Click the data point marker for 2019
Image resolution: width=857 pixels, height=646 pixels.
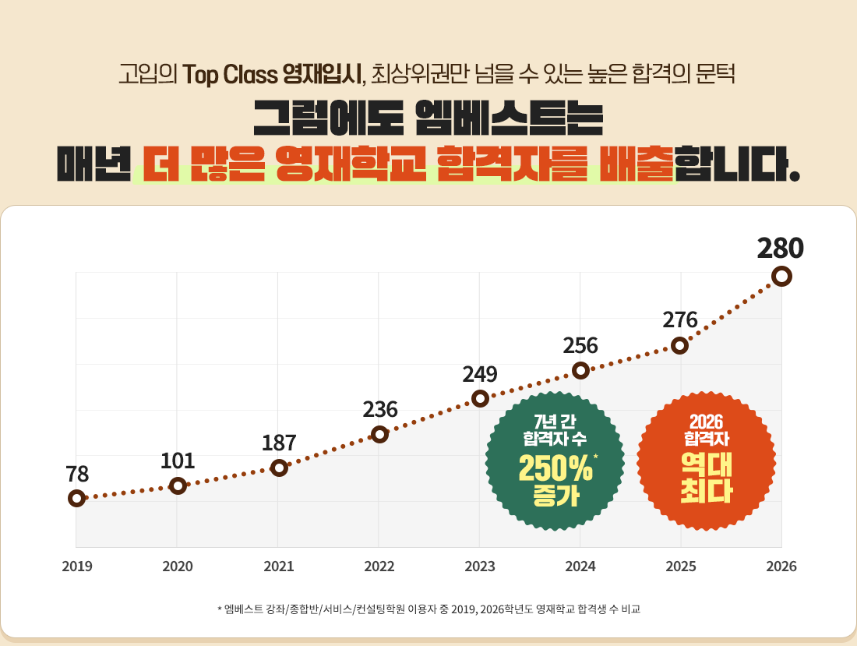pyautogui.click(x=76, y=498)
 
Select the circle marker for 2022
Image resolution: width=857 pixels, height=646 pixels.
pyautogui.click(x=379, y=434)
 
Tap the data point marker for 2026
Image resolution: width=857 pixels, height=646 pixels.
pyautogui.click(x=781, y=276)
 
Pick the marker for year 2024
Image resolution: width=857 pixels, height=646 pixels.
pyautogui.click(x=580, y=370)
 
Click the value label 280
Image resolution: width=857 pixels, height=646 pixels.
pyautogui.click(x=780, y=248)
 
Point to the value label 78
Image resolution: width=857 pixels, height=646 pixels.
pyautogui.click(x=77, y=474)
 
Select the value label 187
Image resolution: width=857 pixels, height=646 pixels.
pyautogui.click(x=279, y=443)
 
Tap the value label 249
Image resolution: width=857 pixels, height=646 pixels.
pyautogui.click(x=480, y=374)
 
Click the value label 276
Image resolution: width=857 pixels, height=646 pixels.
pyautogui.click(x=680, y=319)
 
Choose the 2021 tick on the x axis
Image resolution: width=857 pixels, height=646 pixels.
pyautogui.click(x=278, y=567)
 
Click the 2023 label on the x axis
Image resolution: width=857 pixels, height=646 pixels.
pyautogui.click(x=480, y=567)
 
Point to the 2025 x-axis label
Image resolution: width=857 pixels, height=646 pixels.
pyautogui.click(x=681, y=567)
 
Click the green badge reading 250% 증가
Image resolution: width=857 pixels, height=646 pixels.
pyautogui.click(x=555, y=462)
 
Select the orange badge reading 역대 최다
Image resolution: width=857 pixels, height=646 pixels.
pyautogui.click(x=706, y=462)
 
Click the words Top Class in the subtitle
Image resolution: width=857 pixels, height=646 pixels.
pyautogui.click(x=231, y=75)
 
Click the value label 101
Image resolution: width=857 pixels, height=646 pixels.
pyautogui.click(x=178, y=460)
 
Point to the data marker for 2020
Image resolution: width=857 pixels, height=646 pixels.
pyautogui.click(x=178, y=485)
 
